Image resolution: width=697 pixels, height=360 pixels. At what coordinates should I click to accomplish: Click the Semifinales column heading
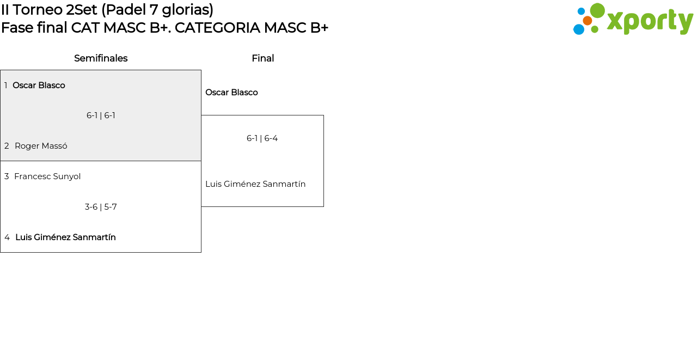[101, 58]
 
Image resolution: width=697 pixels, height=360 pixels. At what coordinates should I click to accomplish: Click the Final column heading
[262, 58]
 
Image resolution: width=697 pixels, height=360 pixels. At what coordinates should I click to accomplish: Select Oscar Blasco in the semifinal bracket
[39, 86]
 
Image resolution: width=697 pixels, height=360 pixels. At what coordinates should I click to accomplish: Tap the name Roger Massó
[41, 146]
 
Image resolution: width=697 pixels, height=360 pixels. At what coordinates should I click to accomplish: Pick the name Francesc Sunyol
[47, 176]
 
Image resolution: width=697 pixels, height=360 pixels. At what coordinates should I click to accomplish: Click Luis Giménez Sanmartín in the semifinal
[65, 237]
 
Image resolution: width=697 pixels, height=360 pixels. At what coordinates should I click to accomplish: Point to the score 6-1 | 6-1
[101, 115]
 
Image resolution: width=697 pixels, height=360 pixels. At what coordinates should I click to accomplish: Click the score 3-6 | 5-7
[101, 207]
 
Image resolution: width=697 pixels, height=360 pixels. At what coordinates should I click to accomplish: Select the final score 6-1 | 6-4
[262, 138]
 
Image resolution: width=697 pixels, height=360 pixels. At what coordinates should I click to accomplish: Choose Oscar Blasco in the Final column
[231, 93]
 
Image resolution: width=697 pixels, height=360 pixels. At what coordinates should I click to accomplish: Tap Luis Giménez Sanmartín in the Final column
[255, 184]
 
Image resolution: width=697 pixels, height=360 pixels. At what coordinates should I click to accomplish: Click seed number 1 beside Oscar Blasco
[6, 86]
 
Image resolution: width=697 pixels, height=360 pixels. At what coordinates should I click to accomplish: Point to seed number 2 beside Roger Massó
[7, 146]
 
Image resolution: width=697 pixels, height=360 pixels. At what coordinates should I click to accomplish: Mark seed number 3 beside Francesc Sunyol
[7, 176]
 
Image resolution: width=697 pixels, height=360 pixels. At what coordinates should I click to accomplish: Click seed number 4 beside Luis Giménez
[7, 237]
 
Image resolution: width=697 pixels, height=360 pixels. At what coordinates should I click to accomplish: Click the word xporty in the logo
[650, 22]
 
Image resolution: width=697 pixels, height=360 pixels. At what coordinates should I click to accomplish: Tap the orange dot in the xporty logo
[588, 21]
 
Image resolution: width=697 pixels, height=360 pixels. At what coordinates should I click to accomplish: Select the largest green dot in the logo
[597, 10]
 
